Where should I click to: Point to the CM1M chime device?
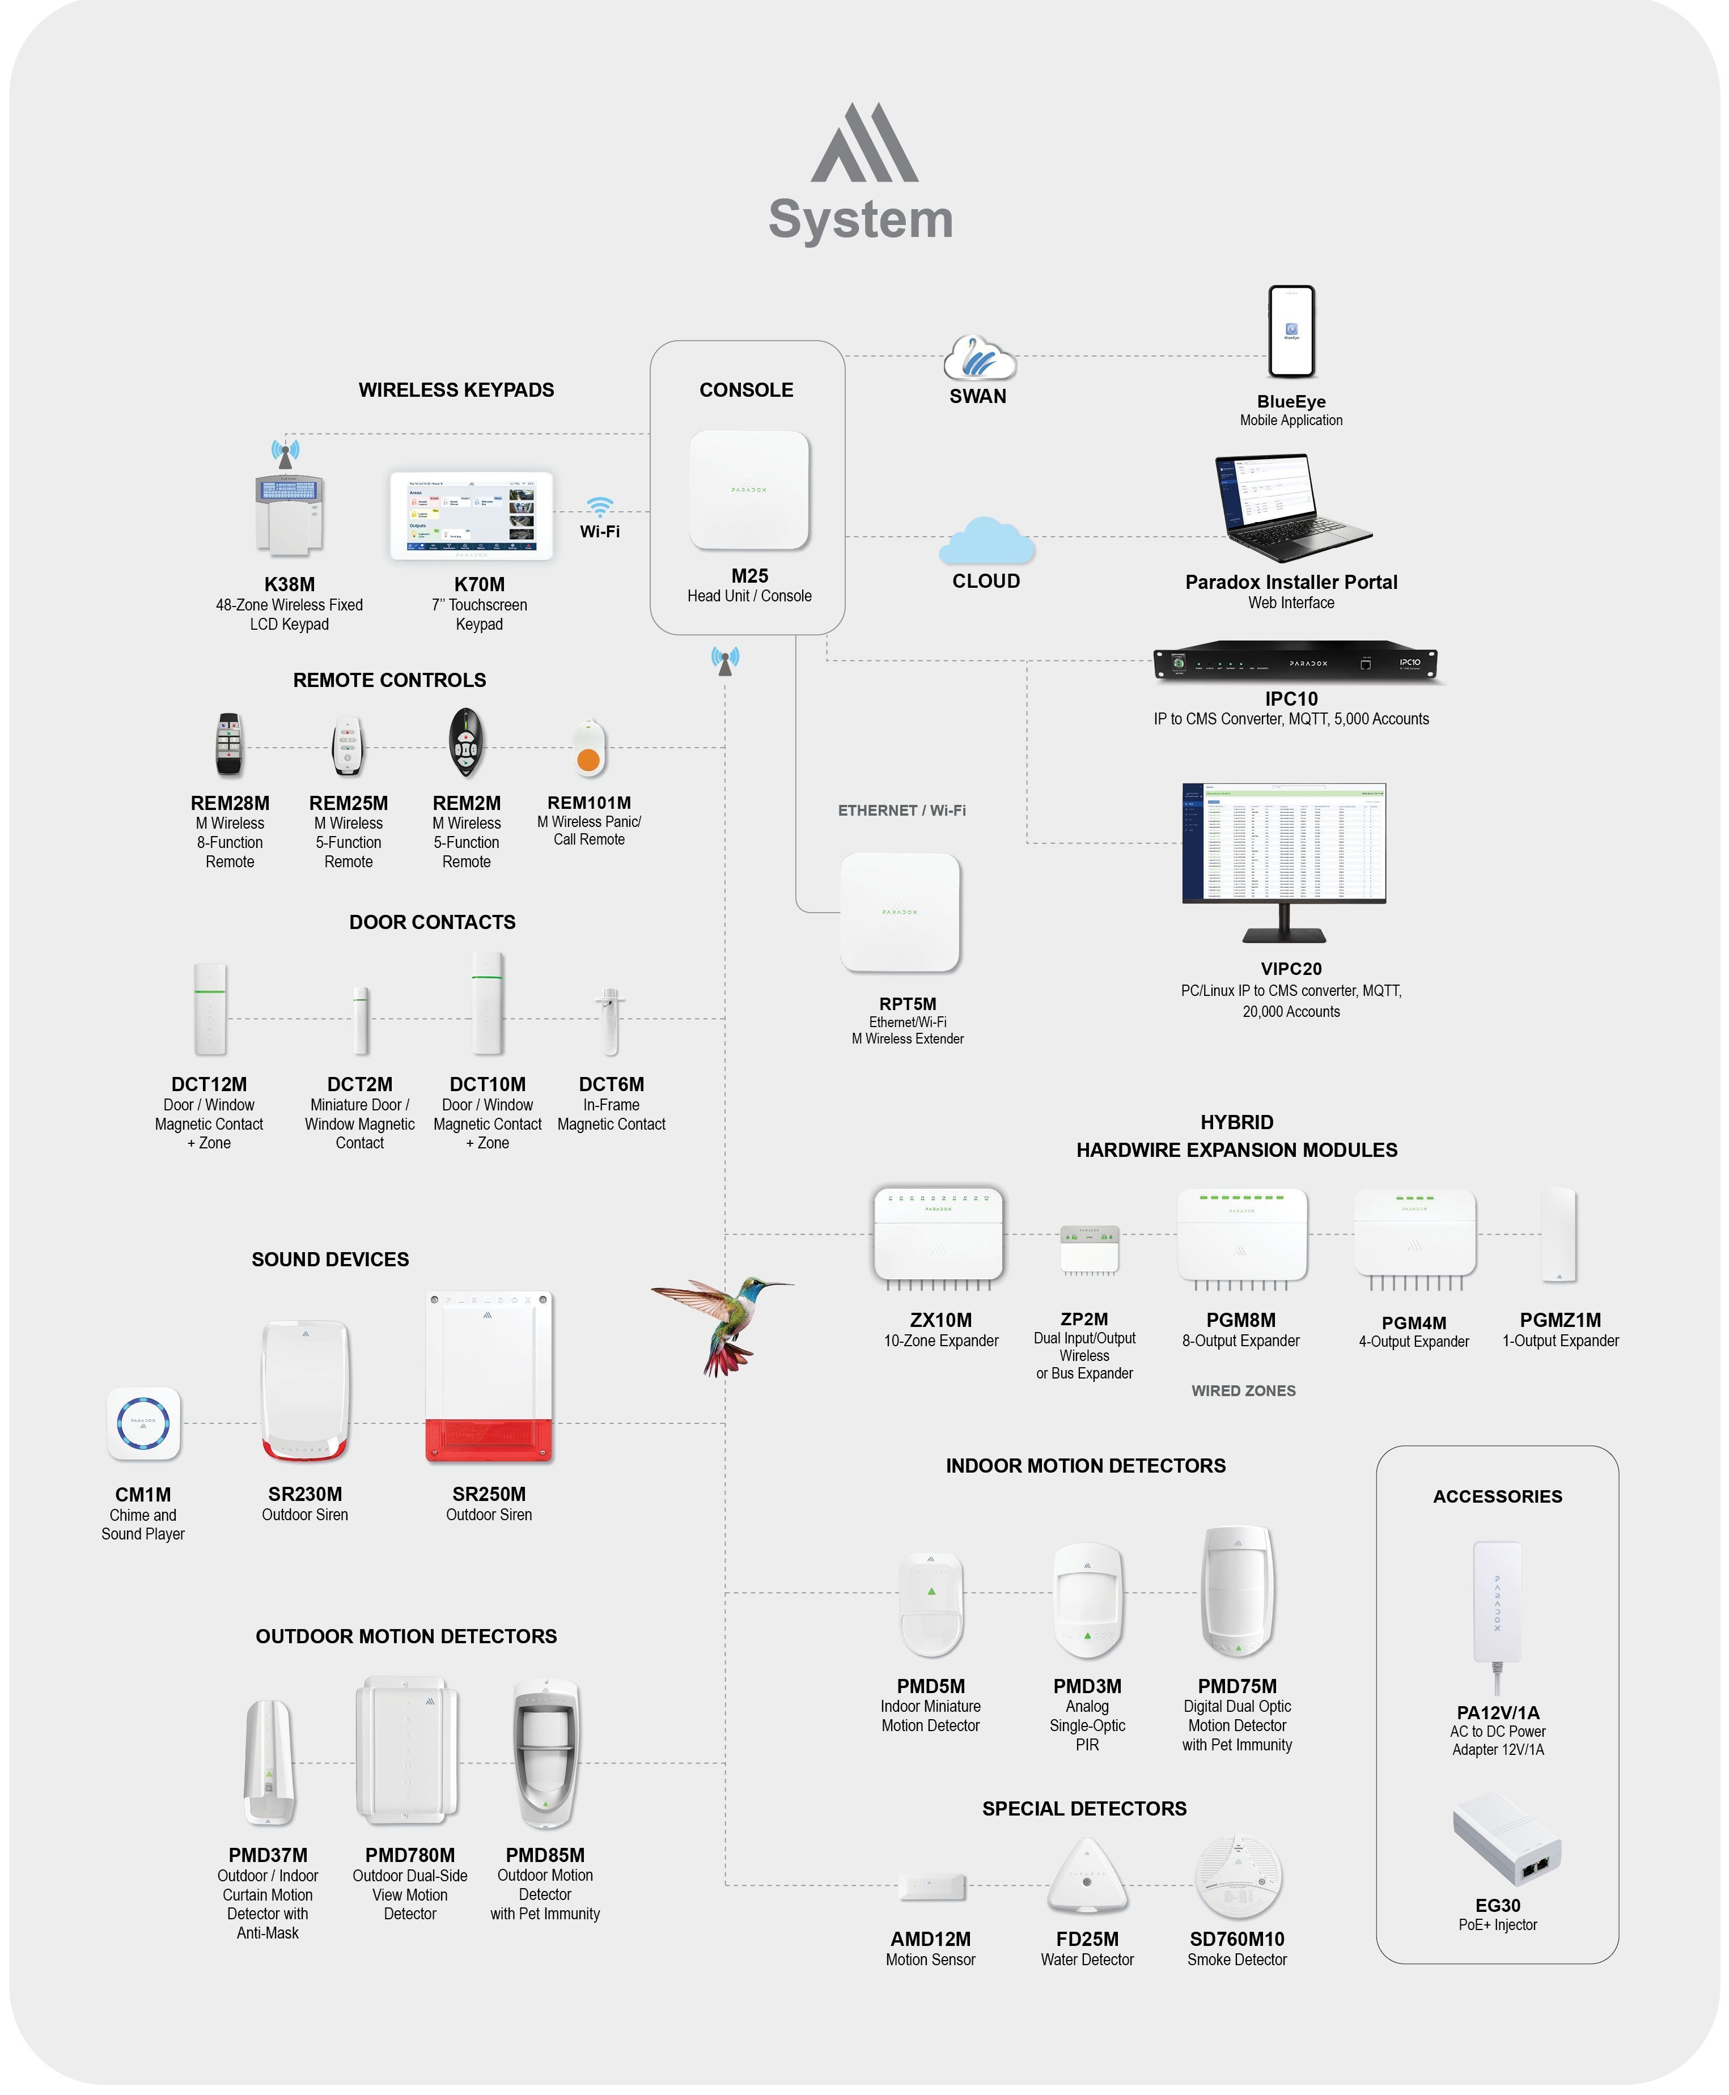pos(143,1424)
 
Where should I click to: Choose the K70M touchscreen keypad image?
pos(471,516)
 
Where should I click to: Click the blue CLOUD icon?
pos(986,542)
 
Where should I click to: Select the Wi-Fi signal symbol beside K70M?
pos(600,506)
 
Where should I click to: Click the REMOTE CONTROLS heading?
pos(389,680)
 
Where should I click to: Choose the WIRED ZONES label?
pos(1243,1391)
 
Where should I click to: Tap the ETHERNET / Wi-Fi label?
pos(901,811)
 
